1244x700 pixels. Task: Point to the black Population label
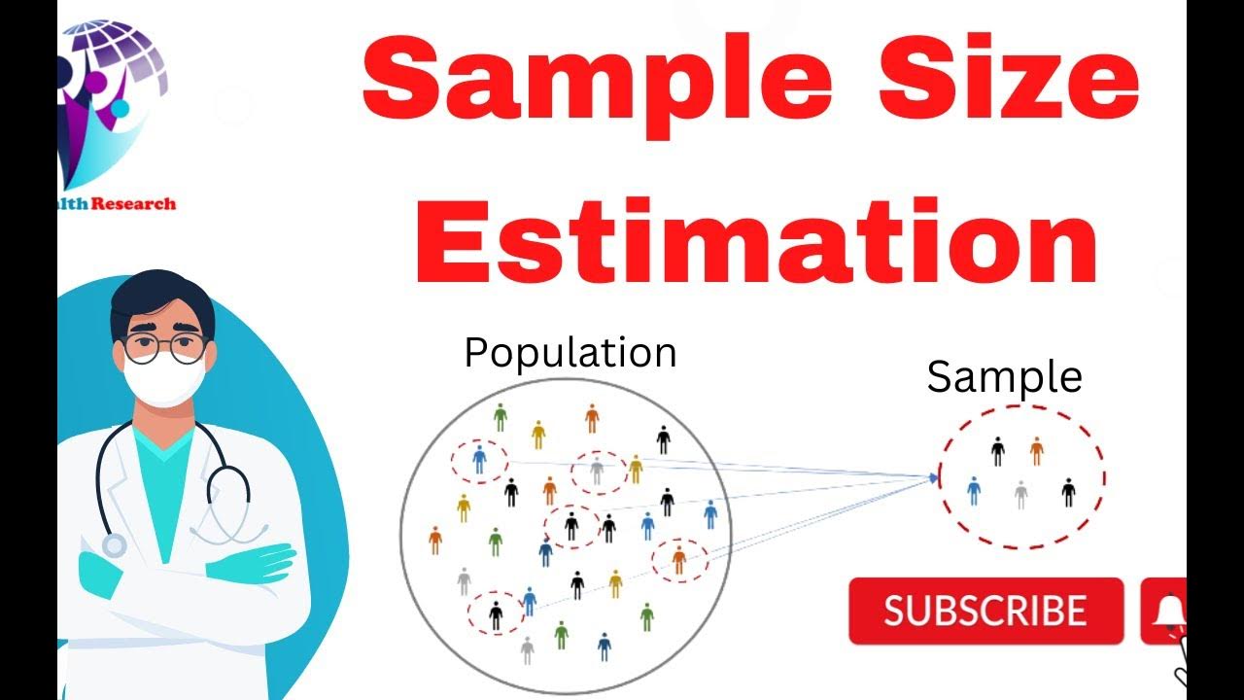(x=570, y=352)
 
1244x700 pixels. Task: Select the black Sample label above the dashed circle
(x=1004, y=377)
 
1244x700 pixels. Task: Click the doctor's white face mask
(x=165, y=379)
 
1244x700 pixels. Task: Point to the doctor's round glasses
(x=165, y=347)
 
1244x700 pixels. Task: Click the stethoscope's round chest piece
(x=114, y=545)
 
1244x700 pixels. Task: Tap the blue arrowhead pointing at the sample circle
(x=935, y=477)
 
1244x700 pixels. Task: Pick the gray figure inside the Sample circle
(x=1020, y=495)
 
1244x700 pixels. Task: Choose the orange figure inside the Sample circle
(x=1036, y=450)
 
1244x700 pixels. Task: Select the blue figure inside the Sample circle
(x=974, y=491)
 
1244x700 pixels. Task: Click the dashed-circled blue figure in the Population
(x=478, y=459)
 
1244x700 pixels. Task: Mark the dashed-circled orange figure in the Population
(x=678, y=560)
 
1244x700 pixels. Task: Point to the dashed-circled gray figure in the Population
(x=597, y=472)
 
